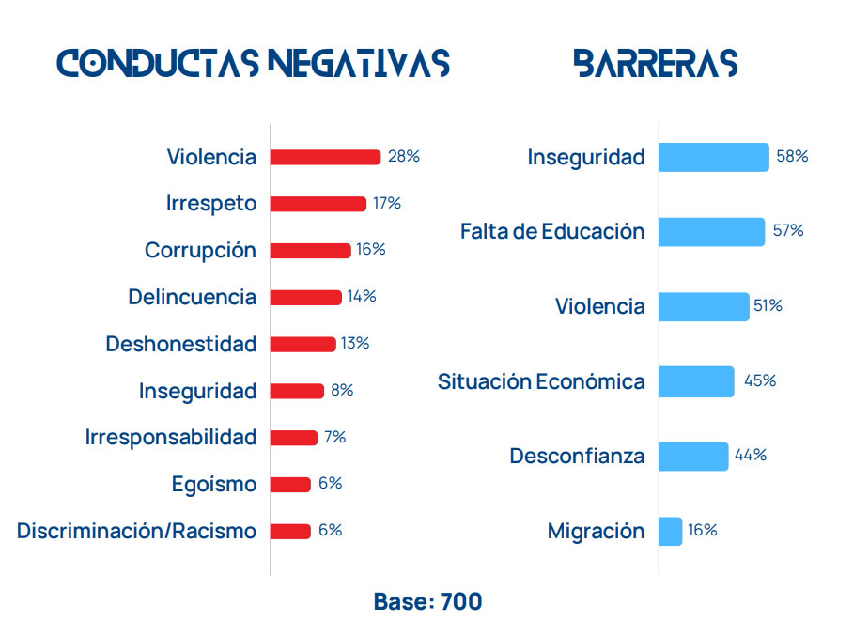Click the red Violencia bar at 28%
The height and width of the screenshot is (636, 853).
tap(325, 157)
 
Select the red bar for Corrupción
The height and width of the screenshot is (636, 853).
tap(310, 251)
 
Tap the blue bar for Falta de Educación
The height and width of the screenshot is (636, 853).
tap(711, 232)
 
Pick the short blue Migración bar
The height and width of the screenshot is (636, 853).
tap(670, 531)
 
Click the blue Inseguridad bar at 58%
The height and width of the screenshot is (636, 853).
tap(713, 157)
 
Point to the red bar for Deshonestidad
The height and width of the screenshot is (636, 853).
tap(302, 344)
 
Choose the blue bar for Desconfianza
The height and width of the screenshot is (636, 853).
tap(693, 456)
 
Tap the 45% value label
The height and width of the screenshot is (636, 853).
tap(760, 380)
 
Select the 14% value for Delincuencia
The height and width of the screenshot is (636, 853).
tap(362, 297)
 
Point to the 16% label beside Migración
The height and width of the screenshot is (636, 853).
tap(702, 530)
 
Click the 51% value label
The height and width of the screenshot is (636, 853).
tap(768, 305)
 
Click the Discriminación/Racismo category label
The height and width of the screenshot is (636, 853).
tap(136, 531)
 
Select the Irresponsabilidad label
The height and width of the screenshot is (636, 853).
tap(170, 437)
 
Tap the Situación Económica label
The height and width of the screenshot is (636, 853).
tap(541, 381)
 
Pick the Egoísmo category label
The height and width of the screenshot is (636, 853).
tap(213, 484)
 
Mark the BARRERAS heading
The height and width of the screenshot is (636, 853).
tap(655, 62)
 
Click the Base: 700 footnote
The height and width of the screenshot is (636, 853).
tap(427, 601)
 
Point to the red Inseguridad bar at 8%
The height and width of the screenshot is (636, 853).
tap(297, 391)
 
